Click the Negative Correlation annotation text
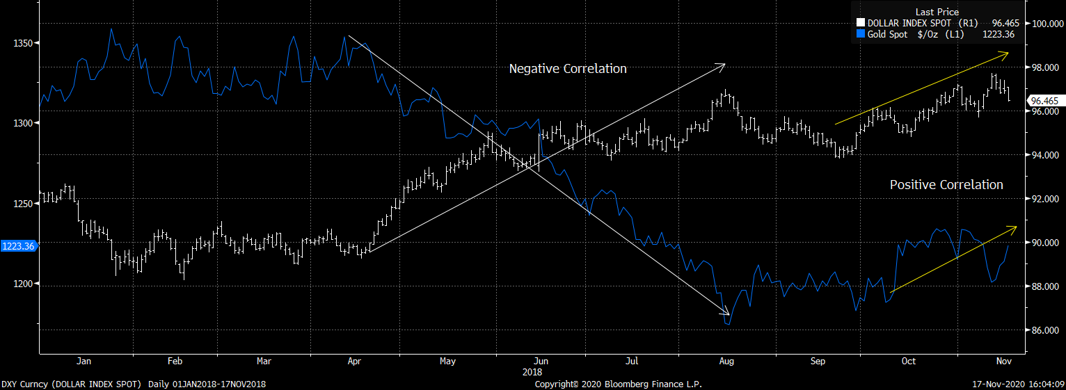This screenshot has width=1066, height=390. [x=568, y=69]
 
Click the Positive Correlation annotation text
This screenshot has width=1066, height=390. [x=946, y=185]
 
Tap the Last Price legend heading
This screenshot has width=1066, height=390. [x=937, y=12]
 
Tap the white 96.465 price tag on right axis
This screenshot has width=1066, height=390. [x=1044, y=101]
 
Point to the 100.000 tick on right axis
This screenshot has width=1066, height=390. [x=1044, y=24]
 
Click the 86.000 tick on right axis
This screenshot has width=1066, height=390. [x=1044, y=330]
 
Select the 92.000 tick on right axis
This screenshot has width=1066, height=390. [x=1044, y=199]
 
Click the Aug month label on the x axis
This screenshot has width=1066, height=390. [x=726, y=361]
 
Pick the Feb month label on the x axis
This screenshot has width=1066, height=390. [x=175, y=361]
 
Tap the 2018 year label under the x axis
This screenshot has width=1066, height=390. [x=532, y=372]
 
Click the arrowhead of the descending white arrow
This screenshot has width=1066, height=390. [x=727, y=314]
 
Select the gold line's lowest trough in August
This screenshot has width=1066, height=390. [x=728, y=324]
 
